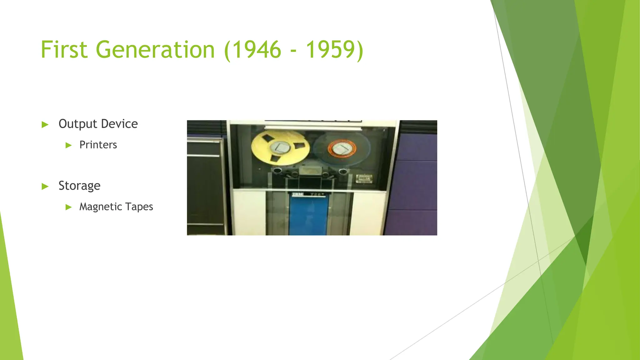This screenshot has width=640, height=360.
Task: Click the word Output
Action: [x=78, y=124]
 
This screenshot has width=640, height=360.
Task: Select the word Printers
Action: [x=98, y=145]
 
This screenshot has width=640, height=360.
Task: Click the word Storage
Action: [x=79, y=186]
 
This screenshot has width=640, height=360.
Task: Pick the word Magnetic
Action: [x=100, y=207]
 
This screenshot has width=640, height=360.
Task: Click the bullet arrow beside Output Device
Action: [x=45, y=125]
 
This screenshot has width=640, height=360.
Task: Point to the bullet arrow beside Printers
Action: [x=69, y=145]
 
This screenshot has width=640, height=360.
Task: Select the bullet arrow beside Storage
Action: [x=45, y=187]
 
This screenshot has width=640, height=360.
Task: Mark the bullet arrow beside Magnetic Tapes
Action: [x=69, y=207]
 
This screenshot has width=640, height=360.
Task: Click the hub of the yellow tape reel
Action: [x=280, y=147]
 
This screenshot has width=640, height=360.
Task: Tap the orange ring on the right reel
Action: [x=342, y=148]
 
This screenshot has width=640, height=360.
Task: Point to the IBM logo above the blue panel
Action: [x=298, y=194]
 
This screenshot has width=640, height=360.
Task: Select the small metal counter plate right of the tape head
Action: [x=364, y=178]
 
